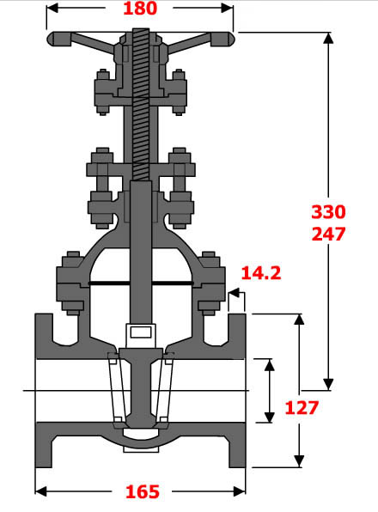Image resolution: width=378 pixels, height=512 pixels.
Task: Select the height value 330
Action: tap(328, 211)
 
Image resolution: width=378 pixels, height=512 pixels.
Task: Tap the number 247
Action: tap(328, 233)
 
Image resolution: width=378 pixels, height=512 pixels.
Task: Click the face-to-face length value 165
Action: tap(142, 491)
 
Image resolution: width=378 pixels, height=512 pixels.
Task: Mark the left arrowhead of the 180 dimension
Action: tap(50, 9)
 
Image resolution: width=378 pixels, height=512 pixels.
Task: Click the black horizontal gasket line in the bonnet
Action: tap(141, 283)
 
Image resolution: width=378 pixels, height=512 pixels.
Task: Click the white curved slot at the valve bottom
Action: tap(141, 445)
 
